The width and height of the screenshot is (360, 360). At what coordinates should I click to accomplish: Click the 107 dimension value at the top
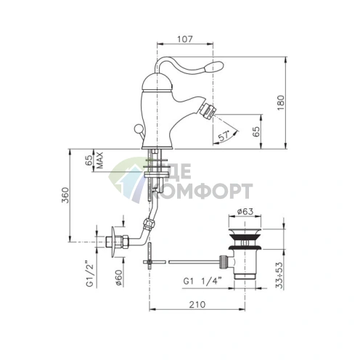coord(185,39)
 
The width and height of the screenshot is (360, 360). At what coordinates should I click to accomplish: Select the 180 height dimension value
coord(281,103)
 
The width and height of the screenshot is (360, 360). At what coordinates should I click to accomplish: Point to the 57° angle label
coord(224,136)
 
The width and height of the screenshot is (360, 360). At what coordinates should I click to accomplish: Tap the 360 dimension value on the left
coord(65,195)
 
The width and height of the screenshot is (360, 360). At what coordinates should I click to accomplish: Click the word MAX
coord(99,160)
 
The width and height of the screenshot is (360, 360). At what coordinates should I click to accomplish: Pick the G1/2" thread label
coord(90,274)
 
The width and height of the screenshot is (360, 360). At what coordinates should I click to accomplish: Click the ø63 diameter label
coord(245,212)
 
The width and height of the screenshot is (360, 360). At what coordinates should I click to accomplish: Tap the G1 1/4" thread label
coord(202,282)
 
